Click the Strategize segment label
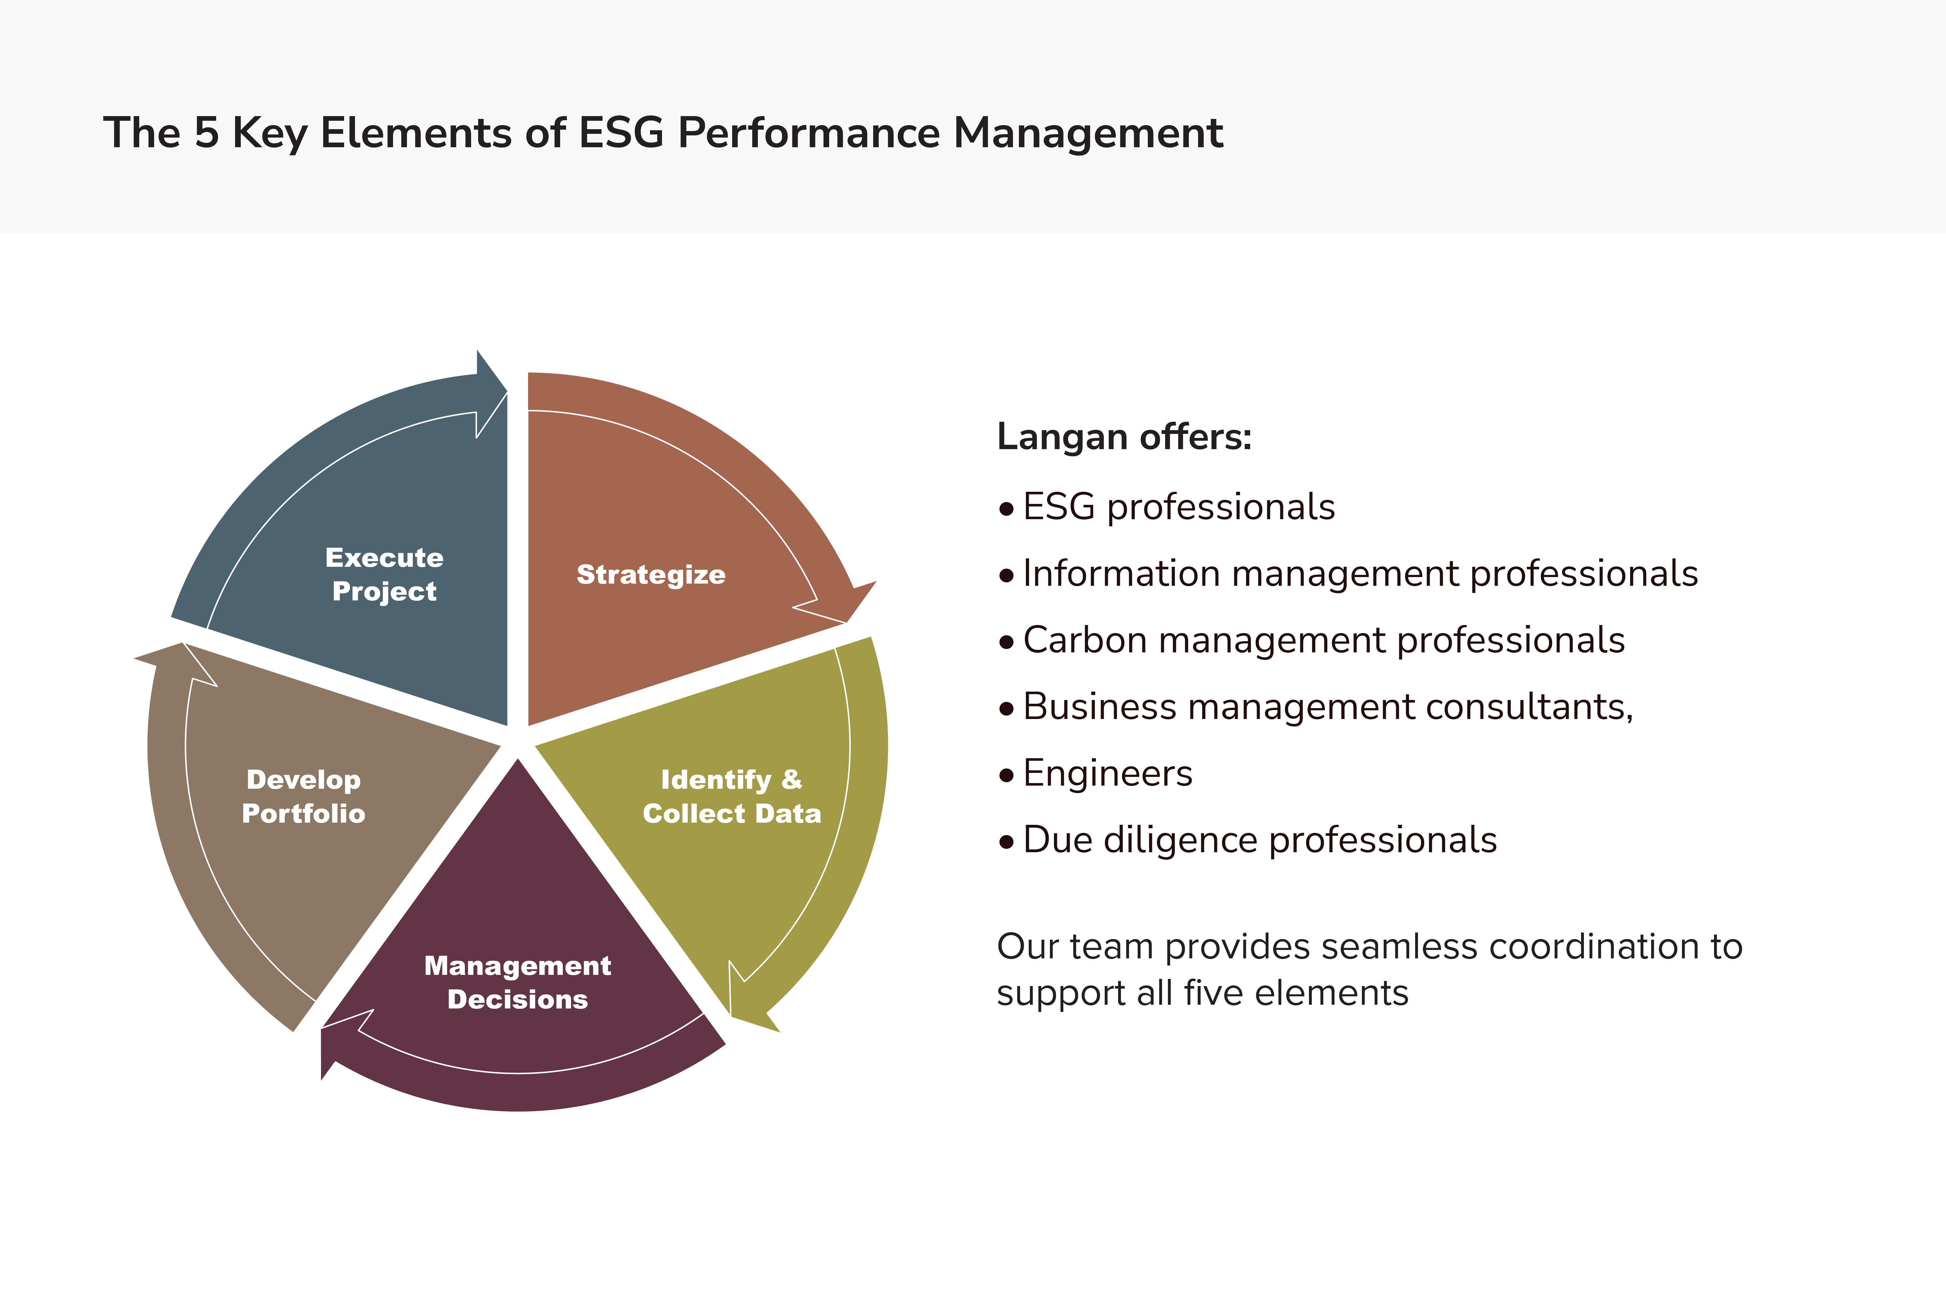[651, 574]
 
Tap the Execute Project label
[385, 574]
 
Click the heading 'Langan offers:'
[1124, 437]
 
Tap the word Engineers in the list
[1108, 773]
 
